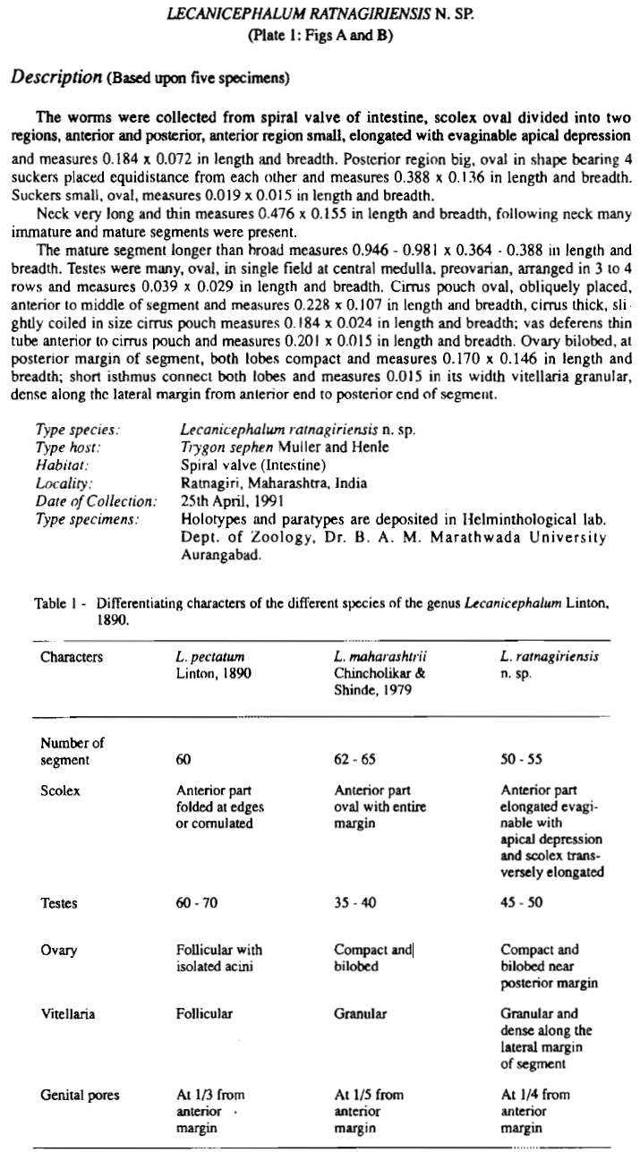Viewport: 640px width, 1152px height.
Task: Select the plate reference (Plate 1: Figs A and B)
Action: (319, 38)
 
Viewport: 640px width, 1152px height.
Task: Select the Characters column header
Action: (72, 657)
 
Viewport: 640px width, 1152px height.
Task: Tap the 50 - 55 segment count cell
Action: (522, 760)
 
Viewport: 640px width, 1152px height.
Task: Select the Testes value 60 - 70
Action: (196, 903)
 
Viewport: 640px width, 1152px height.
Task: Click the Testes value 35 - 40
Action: (353, 903)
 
